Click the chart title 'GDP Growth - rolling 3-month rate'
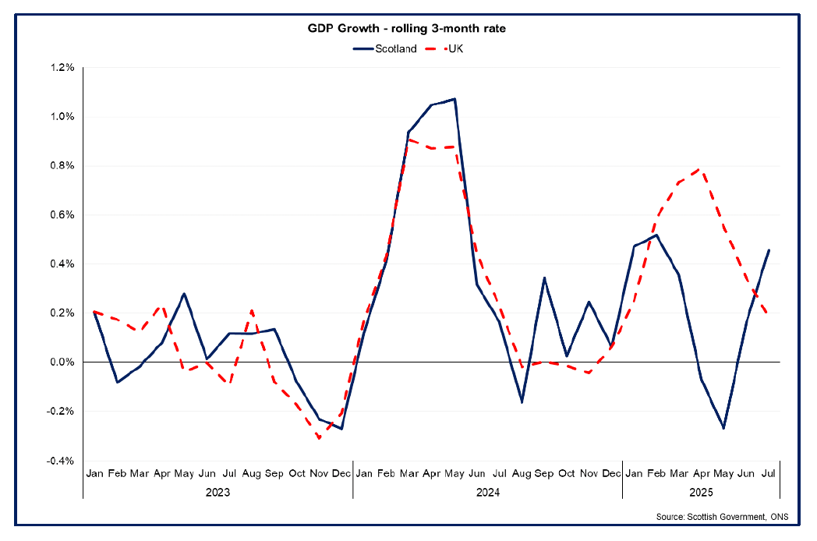[408, 29]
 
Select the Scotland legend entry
[385, 48]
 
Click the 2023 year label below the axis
[218, 493]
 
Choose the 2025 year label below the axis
[701, 493]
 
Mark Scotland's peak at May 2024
[454, 99]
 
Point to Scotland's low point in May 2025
[723, 428]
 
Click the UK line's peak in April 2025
[702, 169]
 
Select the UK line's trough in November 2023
[319, 439]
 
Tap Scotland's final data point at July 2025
[769, 250]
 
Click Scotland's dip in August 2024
[522, 402]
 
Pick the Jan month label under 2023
[94, 473]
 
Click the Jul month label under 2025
[769, 473]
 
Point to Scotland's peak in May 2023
[184, 294]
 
